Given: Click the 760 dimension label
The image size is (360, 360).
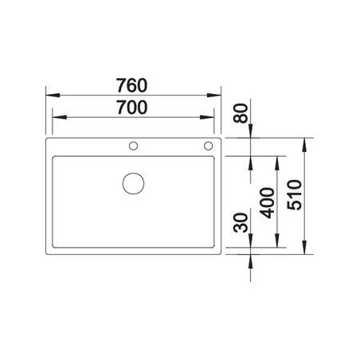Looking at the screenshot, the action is [131, 85].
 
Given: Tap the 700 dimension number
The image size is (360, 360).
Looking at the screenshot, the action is [132, 108].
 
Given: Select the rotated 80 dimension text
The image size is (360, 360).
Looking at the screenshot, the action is [241, 113].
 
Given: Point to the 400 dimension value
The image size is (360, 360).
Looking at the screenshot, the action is [267, 203].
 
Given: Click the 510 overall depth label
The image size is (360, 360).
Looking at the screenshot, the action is [295, 195].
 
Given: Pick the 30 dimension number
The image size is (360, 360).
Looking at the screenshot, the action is [241, 222].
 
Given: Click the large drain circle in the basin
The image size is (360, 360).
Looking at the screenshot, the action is [134, 183].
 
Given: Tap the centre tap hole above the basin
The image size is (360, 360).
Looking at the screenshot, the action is [133, 146].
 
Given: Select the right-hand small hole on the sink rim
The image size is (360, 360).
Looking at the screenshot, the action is [209, 146].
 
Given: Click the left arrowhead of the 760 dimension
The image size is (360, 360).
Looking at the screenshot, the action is [53, 95].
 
